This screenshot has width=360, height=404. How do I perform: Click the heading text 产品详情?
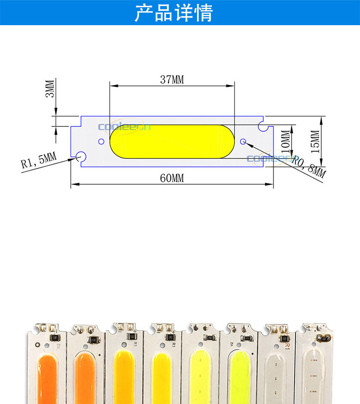(x=173, y=13)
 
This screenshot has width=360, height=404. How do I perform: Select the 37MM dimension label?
(x=172, y=80)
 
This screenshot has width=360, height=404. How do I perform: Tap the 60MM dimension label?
(x=172, y=178)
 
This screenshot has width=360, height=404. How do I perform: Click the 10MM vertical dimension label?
(x=284, y=141)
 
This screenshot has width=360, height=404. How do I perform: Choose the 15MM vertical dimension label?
(x=315, y=141)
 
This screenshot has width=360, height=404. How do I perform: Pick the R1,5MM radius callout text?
(x=38, y=160)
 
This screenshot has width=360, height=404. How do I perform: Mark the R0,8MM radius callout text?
(x=309, y=167)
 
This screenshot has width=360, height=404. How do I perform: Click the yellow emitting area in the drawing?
(x=172, y=141)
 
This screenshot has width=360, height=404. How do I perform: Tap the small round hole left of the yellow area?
(x=101, y=141)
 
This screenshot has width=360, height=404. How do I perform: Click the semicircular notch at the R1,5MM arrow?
(x=81, y=157)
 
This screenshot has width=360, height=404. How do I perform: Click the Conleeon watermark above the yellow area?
(x=124, y=127)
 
